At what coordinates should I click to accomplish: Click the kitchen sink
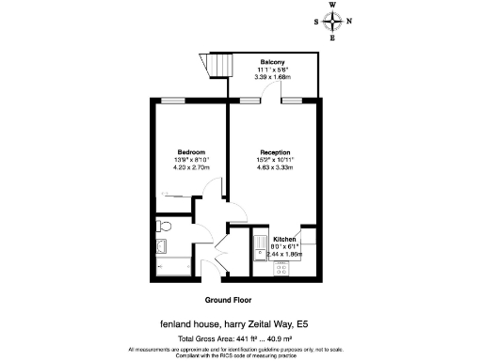coord(259,247)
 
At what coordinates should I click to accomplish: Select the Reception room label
coord(275,152)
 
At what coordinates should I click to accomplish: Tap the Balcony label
coord(275,62)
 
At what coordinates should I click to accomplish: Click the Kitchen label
coord(284,240)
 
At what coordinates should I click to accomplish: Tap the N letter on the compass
coord(349,22)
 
